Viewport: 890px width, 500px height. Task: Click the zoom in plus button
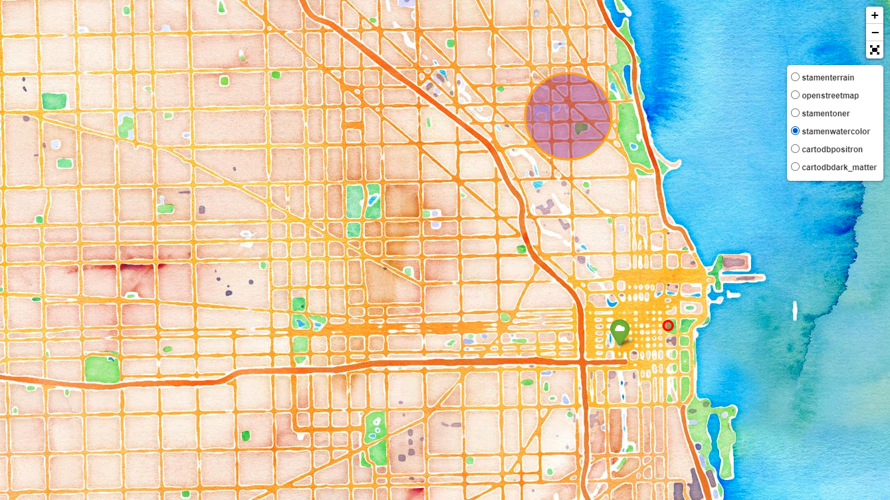(875, 15)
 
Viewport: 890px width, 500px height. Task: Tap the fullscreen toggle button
(875, 50)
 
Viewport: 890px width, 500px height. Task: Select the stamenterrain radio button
(795, 77)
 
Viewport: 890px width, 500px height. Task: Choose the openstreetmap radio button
(795, 95)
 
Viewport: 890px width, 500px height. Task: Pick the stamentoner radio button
(795, 113)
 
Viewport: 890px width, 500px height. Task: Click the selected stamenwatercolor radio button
(795, 131)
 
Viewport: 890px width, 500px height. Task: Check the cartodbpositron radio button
(795, 149)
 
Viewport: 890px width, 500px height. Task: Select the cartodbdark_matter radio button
(795, 167)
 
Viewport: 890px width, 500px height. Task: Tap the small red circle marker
(668, 325)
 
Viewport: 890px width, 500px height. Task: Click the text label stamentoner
(826, 114)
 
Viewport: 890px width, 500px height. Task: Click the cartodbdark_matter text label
(839, 168)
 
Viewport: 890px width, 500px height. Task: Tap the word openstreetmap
(830, 96)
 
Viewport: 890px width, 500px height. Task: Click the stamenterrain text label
(828, 78)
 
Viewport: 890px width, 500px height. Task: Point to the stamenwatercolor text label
(835, 132)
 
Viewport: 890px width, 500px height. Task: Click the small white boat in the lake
(795, 309)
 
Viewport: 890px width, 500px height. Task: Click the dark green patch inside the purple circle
(582, 128)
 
